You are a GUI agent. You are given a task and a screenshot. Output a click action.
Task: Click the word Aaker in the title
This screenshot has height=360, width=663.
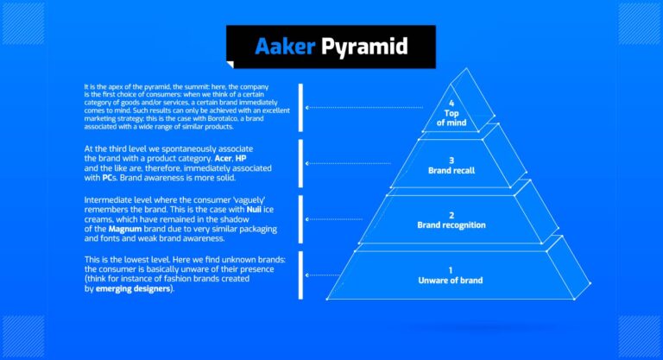[283, 46]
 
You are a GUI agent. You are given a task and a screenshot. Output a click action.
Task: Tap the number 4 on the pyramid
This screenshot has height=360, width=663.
[451, 104]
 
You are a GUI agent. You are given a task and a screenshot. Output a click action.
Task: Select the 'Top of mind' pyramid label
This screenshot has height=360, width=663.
[451, 118]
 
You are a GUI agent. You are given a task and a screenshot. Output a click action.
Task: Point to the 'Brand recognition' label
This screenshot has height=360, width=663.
[451, 225]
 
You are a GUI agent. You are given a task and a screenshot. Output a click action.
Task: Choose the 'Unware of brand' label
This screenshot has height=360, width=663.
[451, 281]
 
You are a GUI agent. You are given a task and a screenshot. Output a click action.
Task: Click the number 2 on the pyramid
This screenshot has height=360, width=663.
[451, 214]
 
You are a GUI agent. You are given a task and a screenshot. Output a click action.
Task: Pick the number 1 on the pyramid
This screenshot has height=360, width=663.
[451, 269]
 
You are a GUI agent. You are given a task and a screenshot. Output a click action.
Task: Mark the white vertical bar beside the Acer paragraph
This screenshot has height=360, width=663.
[300, 163]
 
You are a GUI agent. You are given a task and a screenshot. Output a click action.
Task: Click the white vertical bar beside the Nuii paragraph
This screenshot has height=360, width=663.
[300, 218]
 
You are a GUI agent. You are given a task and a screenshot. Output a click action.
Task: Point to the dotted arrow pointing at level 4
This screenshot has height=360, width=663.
[363, 108]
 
